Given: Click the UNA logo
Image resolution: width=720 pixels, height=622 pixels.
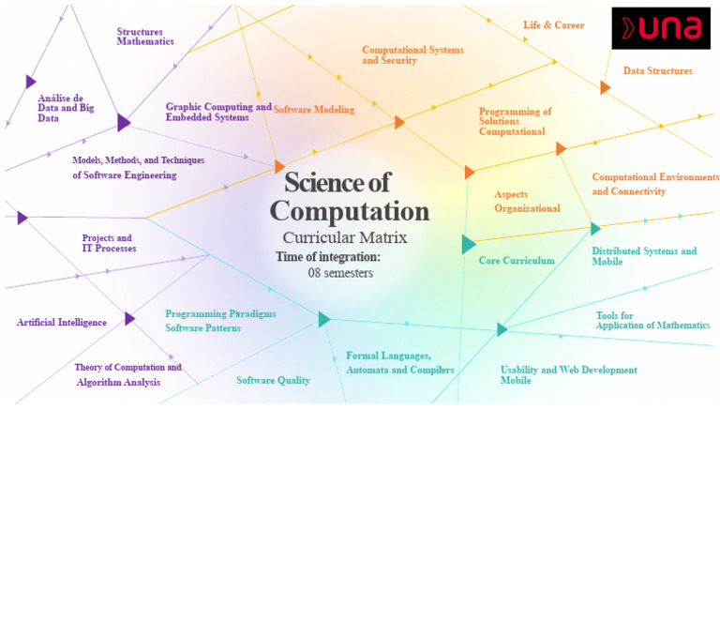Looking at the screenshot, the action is point(660,28).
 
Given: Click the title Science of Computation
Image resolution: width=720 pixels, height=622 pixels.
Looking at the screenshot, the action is point(349,196).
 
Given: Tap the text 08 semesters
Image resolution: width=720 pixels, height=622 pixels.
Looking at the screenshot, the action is point(340,273).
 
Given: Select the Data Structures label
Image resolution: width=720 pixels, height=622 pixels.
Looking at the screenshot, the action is point(657,71).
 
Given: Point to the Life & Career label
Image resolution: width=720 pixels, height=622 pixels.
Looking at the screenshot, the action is point(553,25).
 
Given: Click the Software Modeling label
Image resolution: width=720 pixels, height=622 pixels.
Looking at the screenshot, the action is point(314,110).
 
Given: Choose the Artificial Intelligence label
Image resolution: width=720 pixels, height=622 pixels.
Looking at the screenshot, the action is point(62,323).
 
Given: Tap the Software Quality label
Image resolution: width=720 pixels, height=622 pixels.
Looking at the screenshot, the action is point(273,381).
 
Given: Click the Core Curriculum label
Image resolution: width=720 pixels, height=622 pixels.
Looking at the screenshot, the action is point(517,261).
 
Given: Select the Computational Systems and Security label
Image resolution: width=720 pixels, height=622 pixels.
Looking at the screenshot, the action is point(412,55).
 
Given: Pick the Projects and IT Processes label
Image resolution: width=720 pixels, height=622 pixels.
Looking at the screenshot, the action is point(109,244).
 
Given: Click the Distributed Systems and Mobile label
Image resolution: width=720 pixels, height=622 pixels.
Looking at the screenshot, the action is point(644,256).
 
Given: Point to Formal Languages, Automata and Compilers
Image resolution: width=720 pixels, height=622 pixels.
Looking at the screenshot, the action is point(399,363).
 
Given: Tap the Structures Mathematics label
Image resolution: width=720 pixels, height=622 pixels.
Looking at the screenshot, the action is point(145,37).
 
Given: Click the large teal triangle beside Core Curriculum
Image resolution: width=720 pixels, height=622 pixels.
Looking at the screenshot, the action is point(469,245).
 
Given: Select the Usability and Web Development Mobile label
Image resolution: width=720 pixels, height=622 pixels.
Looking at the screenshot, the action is point(568,375).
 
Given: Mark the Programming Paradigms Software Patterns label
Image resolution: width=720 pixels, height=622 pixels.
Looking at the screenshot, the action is point(220,322).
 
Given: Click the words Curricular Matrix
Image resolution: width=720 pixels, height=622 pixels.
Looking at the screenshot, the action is point(345,238).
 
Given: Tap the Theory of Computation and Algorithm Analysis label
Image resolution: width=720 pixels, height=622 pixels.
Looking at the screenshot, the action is point(128,375).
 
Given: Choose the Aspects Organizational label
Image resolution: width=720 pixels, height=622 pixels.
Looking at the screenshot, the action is point(527,202).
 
